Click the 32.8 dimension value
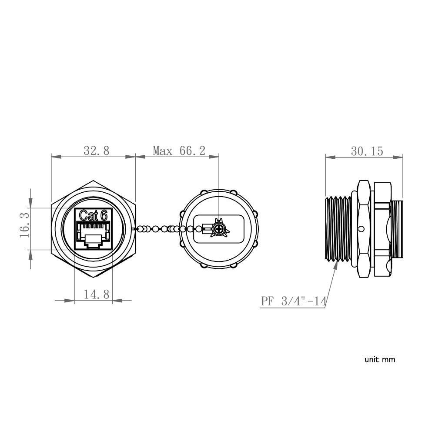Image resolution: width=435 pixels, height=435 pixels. pyautogui.click(x=96, y=151)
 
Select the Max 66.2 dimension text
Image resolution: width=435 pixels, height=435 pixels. pyautogui.click(x=179, y=151)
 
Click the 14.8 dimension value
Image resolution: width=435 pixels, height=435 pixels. pyautogui.click(x=96, y=294)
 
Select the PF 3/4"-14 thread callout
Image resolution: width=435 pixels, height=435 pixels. pyautogui.click(x=293, y=301)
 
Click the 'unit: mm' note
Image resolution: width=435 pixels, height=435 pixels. pyautogui.click(x=380, y=359)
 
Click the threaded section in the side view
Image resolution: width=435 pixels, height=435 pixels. pyautogui.click(x=339, y=229)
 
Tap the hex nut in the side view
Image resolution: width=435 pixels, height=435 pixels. pyautogui.click(x=382, y=229)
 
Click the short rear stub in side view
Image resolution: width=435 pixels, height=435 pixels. pyautogui.click(x=397, y=229)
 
